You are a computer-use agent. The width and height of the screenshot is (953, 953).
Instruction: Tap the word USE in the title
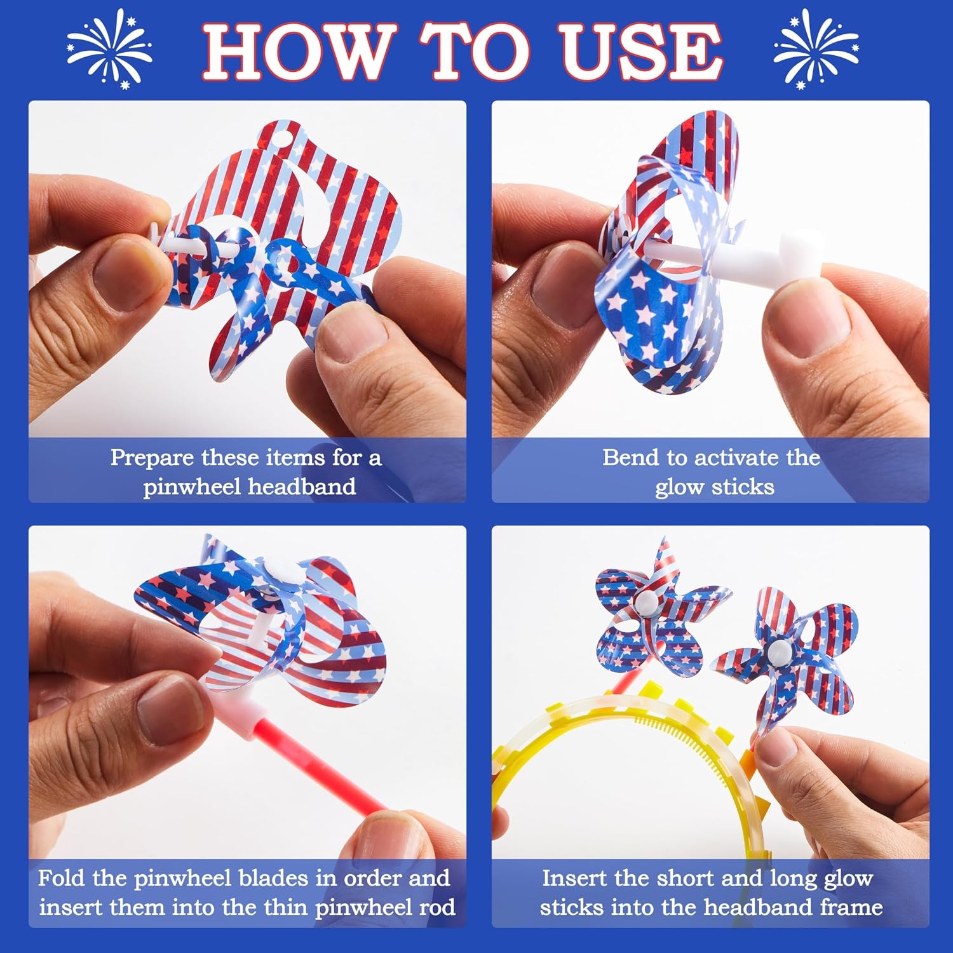coord(642,51)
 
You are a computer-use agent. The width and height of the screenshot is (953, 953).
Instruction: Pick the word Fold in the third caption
coord(62,878)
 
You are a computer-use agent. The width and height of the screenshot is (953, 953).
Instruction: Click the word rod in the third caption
coord(436,907)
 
